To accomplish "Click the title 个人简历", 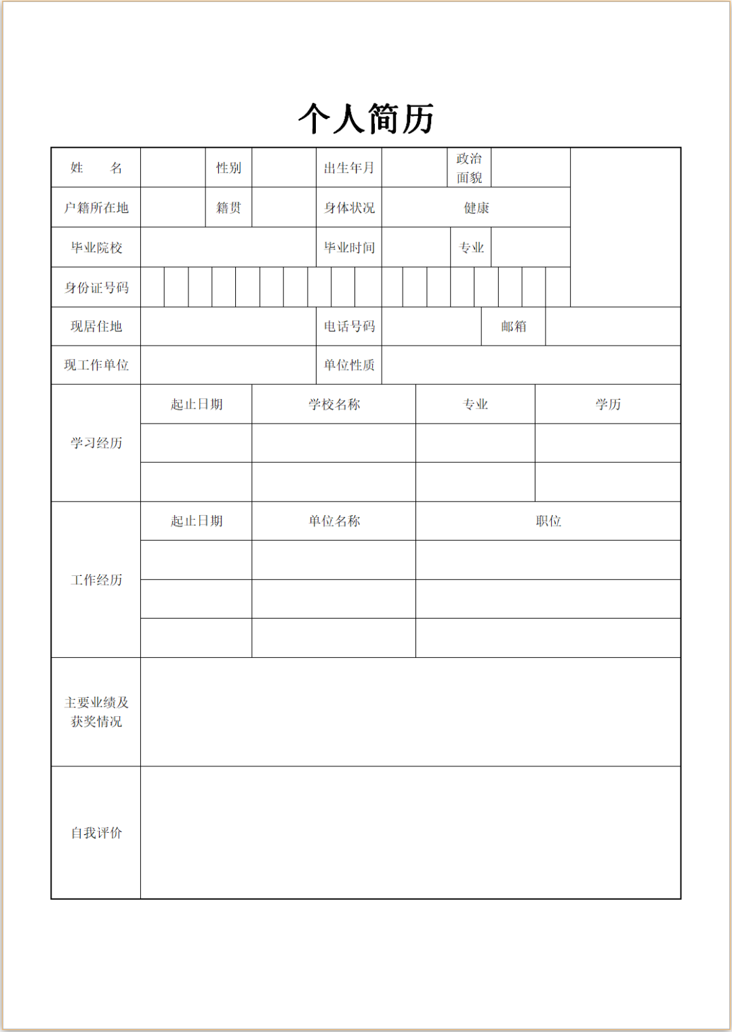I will pos(366,119).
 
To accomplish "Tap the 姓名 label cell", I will pos(96,168).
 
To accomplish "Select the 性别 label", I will pos(228,168).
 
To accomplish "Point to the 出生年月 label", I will pos(349,168).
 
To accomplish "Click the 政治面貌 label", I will pos(469,168).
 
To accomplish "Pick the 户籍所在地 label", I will pos(96,208).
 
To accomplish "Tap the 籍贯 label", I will pos(228,208).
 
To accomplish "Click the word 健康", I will pos(476,208).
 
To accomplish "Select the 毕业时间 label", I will pos(349,248).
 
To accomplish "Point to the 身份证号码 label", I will pos(96,288).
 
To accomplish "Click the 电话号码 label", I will pos(349,327).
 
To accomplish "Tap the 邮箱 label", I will pos(513,327).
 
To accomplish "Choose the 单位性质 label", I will pos(349,365).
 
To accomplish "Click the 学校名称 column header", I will pos(334,405).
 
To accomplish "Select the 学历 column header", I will pos(608,405).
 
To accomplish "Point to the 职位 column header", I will pos(548,521).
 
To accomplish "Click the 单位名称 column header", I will pos(334,521).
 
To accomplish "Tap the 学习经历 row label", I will pos(96,443).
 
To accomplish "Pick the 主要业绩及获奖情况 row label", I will pos(96,712).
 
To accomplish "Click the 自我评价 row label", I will pos(96,833).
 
